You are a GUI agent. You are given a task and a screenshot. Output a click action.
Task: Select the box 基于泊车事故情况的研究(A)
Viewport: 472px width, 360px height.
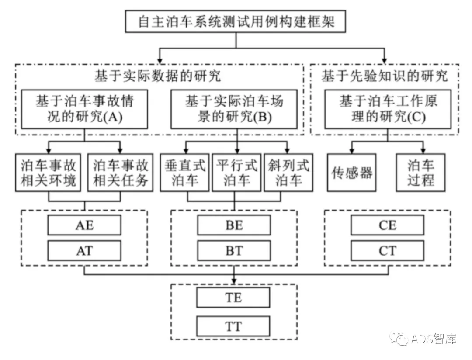tap(84, 109)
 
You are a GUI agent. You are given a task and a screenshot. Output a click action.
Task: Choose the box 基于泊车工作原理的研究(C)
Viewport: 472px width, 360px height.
tap(388, 109)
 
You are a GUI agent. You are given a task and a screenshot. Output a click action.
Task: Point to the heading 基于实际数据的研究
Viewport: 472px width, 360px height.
tap(158, 76)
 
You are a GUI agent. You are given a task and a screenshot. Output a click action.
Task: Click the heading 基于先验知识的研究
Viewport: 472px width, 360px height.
tap(385, 76)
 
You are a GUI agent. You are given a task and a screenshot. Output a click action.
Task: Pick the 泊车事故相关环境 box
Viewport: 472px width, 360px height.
tap(49, 173)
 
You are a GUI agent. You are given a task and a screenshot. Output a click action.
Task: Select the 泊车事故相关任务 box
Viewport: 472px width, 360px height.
tap(121, 173)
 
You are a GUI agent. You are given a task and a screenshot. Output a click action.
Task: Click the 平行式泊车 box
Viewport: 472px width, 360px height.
tap(236, 173)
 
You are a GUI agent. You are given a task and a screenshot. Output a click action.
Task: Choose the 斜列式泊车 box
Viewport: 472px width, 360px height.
tap(289, 173)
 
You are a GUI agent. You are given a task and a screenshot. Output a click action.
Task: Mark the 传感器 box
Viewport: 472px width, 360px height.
tap(351, 173)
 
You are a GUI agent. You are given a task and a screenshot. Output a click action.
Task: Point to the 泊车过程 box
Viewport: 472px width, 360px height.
tap(421, 173)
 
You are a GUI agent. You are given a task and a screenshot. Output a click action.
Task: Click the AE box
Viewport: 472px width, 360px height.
tap(84, 225)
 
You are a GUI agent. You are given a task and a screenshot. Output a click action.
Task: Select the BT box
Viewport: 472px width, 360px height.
tap(234, 250)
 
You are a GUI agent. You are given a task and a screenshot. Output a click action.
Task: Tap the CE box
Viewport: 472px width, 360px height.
tap(388, 225)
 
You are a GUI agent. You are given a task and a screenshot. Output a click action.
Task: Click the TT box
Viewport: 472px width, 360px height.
tap(234, 326)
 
